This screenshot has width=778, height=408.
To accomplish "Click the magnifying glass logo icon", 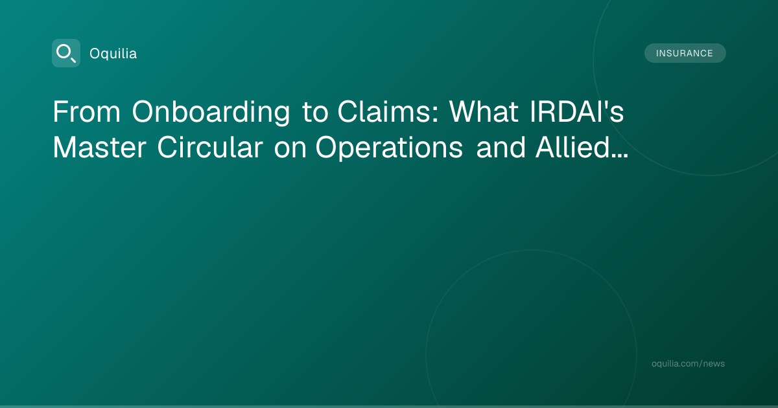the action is click(66, 53).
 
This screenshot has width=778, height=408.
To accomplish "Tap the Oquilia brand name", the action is click(113, 54).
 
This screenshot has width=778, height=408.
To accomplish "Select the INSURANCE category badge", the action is click(685, 53).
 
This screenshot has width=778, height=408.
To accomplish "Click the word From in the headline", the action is click(86, 111).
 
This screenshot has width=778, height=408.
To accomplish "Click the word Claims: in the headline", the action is click(388, 111).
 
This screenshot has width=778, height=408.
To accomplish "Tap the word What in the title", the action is click(484, 111).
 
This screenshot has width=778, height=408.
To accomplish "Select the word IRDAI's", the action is click(577, 111).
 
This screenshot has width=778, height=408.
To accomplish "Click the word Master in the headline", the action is click(99, 148).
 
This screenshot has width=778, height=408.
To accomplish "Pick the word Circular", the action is click(210, 147).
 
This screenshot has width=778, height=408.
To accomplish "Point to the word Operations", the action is click(389, 148).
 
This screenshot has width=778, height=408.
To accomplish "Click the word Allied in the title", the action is click(572, 147).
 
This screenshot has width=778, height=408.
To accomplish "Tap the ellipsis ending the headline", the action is click(620, 156).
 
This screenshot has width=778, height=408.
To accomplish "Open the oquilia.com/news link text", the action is click(688, 363).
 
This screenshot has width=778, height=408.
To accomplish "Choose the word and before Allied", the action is click(501, 147).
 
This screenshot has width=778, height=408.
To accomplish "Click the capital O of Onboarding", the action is click(144, 111).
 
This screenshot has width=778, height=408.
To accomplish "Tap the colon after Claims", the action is click(436, 115).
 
